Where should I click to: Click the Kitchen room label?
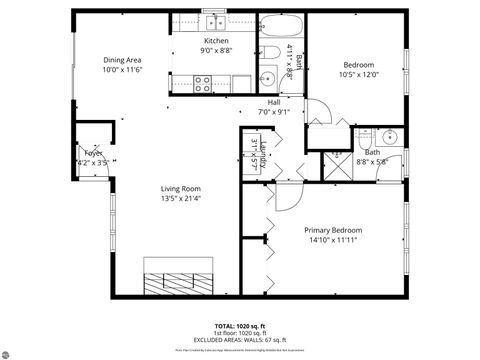pos(217,41)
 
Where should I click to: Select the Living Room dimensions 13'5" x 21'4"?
pos(182,198)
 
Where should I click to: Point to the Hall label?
pos(273,102)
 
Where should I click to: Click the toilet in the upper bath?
pos(271,53)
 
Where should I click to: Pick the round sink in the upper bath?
pos(268,79)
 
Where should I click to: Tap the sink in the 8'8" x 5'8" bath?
pos(390,137)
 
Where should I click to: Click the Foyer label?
pos(94,153)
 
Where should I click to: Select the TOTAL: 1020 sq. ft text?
pos(240,326)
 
